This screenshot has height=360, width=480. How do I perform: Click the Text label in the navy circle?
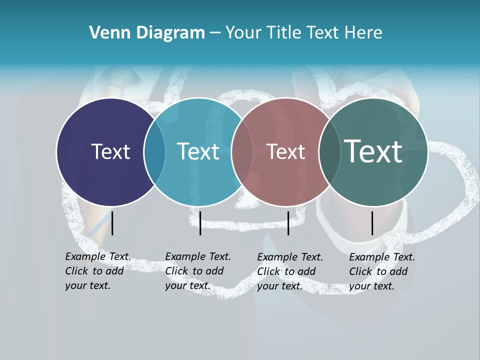click(x=110, y=151)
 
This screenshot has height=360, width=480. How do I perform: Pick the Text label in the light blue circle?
click(x=198, y=151)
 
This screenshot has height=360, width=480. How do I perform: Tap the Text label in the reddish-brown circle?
click(x=286, y=151)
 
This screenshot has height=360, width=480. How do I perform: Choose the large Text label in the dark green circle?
click(x=373, y=151)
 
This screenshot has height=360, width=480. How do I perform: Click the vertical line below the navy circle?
click(x=112, y=223)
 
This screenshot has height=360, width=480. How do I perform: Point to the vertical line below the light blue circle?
click(x=200, y=223)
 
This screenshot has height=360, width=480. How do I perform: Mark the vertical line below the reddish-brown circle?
click(x=288, y=223)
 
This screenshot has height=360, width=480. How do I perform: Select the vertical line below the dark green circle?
click(x=372, y=223)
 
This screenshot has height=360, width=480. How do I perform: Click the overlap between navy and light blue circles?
click(x=154, y=151)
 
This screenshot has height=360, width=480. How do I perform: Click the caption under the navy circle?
click(x=98, y=271)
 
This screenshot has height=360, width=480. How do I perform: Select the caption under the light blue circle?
click(x=198, y=271)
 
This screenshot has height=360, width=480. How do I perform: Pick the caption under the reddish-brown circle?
click(x=290, y=271)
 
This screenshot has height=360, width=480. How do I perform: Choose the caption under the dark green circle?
click(x=382, y=271)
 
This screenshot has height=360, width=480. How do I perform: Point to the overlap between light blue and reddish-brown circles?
click(x=242, y=151)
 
